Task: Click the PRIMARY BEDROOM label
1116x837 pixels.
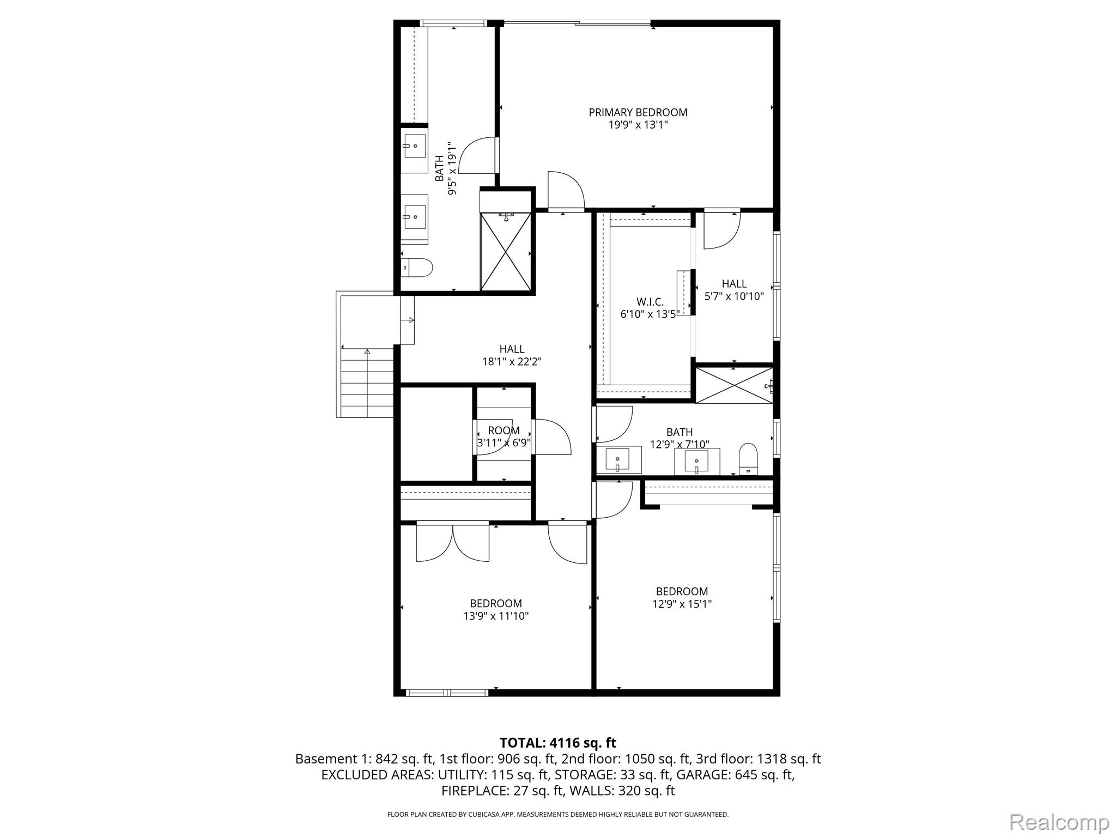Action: click(x=638, y=112)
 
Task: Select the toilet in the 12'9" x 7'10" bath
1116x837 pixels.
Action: click(x=748, y=459)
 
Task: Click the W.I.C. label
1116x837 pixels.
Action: click(x=650, y=302)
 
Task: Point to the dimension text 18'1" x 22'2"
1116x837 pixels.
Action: click(x=512, y=361)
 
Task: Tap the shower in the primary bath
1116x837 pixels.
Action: click(x=506, y=251)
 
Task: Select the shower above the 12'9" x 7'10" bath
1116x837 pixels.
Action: click(x=734, y=385)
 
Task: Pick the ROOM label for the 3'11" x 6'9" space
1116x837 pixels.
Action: click(x=504, y=430)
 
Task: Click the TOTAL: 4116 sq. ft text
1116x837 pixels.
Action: click(x=557, y=743)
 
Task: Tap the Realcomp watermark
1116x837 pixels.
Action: click(x=1059, y=822)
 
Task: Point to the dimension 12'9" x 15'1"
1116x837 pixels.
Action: click(x=682, y=604)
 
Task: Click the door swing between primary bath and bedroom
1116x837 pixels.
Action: click(x=478, y=155)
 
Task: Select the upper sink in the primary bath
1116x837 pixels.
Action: click(x=415, y=147)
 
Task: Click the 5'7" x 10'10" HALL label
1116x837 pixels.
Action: click(x=734, y=283)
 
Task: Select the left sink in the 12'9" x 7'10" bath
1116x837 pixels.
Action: click(x=617, y=460)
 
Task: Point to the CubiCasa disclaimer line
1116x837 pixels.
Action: click(x=557, y=814)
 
